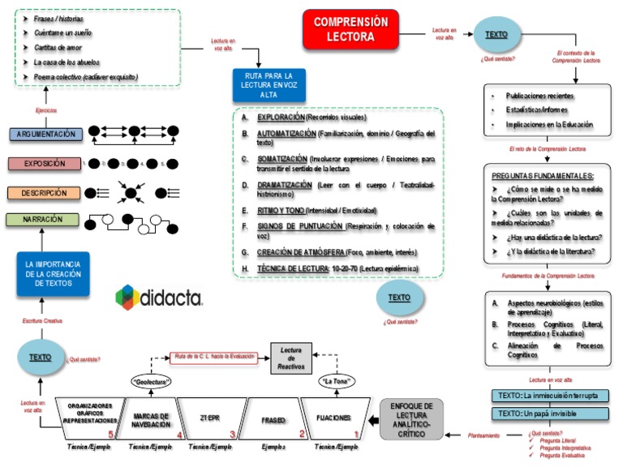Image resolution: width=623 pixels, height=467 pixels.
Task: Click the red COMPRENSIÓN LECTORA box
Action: click(x=350, y=29)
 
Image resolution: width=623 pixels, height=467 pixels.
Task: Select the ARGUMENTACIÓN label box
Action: click(x=45, y=134)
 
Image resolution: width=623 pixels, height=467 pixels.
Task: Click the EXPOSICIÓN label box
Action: click(x=45, y=164)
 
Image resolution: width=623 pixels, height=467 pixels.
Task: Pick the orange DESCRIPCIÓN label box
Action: click(x=45, y=193)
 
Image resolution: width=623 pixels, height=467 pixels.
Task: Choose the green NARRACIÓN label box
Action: click(x=45, y=220)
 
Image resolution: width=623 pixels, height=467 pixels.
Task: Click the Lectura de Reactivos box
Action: click(x=291, y=357)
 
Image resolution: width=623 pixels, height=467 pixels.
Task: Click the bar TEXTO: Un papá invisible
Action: click(x=550, y=413)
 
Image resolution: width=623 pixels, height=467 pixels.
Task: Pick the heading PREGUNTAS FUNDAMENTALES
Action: click(x=543, y=175)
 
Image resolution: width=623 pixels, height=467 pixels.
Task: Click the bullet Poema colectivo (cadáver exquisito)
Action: click(x=86, y=76)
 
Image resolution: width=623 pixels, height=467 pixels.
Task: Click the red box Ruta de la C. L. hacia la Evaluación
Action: click(x=213, y=356)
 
